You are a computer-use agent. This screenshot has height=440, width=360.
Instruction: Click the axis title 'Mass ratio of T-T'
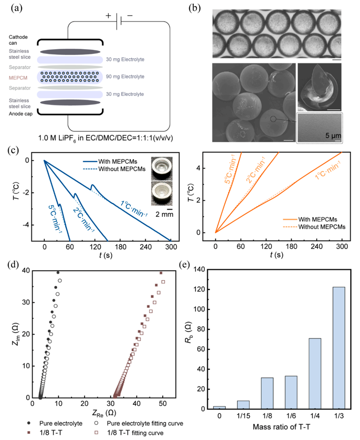[279, 428]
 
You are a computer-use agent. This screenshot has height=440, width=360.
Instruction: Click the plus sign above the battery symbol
[109, 16]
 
